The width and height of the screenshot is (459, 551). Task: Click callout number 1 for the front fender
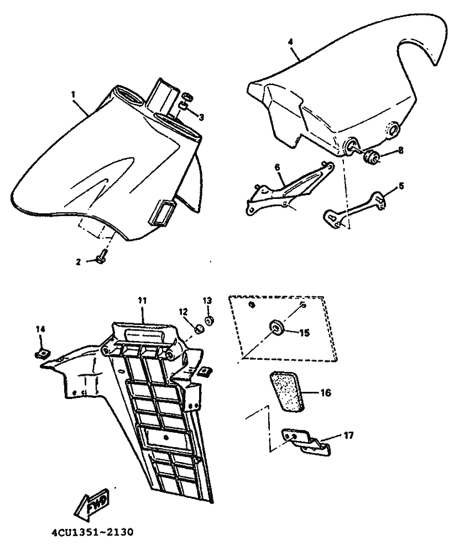pos(72,95)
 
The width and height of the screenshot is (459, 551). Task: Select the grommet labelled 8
pos(371,157)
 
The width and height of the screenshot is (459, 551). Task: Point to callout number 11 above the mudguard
pos(142,300)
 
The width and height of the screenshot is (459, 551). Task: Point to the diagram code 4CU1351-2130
pos(91,534)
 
